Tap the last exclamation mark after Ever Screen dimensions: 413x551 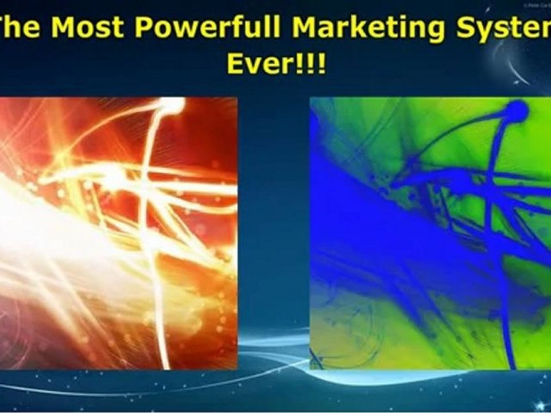coord(321,63)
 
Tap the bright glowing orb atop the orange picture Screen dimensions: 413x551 coord(171,104)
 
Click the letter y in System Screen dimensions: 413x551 coord(494,33)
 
